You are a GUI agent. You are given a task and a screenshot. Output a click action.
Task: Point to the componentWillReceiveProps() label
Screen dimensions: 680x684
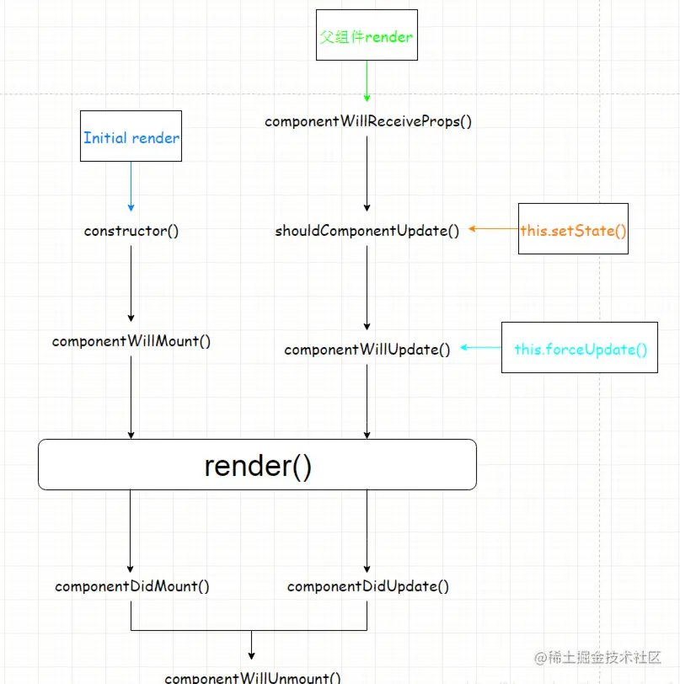368,121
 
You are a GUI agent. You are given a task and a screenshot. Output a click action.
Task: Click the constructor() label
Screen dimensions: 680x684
131,231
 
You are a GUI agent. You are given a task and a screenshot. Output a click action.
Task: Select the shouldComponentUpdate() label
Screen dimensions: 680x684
367,231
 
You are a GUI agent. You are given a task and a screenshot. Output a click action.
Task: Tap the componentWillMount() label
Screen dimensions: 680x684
131,341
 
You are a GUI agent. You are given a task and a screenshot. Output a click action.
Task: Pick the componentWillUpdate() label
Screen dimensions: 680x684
367,350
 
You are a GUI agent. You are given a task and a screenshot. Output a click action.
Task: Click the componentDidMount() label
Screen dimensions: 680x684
131,586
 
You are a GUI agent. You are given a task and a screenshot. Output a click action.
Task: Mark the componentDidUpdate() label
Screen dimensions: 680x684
367,586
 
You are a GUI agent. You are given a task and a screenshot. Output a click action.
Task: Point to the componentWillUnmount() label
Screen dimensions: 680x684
252,677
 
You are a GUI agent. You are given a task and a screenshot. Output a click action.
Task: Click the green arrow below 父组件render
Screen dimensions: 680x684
367,81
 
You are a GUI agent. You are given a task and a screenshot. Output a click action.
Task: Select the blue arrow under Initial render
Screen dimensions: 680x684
131,187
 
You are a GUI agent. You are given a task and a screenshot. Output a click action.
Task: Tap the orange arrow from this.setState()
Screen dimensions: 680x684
494,228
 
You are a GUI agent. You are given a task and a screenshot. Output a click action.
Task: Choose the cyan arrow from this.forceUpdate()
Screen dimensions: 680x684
481,348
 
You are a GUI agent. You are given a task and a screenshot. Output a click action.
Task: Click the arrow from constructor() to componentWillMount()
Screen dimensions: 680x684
131,284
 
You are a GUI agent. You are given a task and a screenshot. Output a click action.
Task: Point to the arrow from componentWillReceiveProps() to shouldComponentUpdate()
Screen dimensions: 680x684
367,174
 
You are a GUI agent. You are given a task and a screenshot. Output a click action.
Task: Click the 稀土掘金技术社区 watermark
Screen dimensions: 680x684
597,657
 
